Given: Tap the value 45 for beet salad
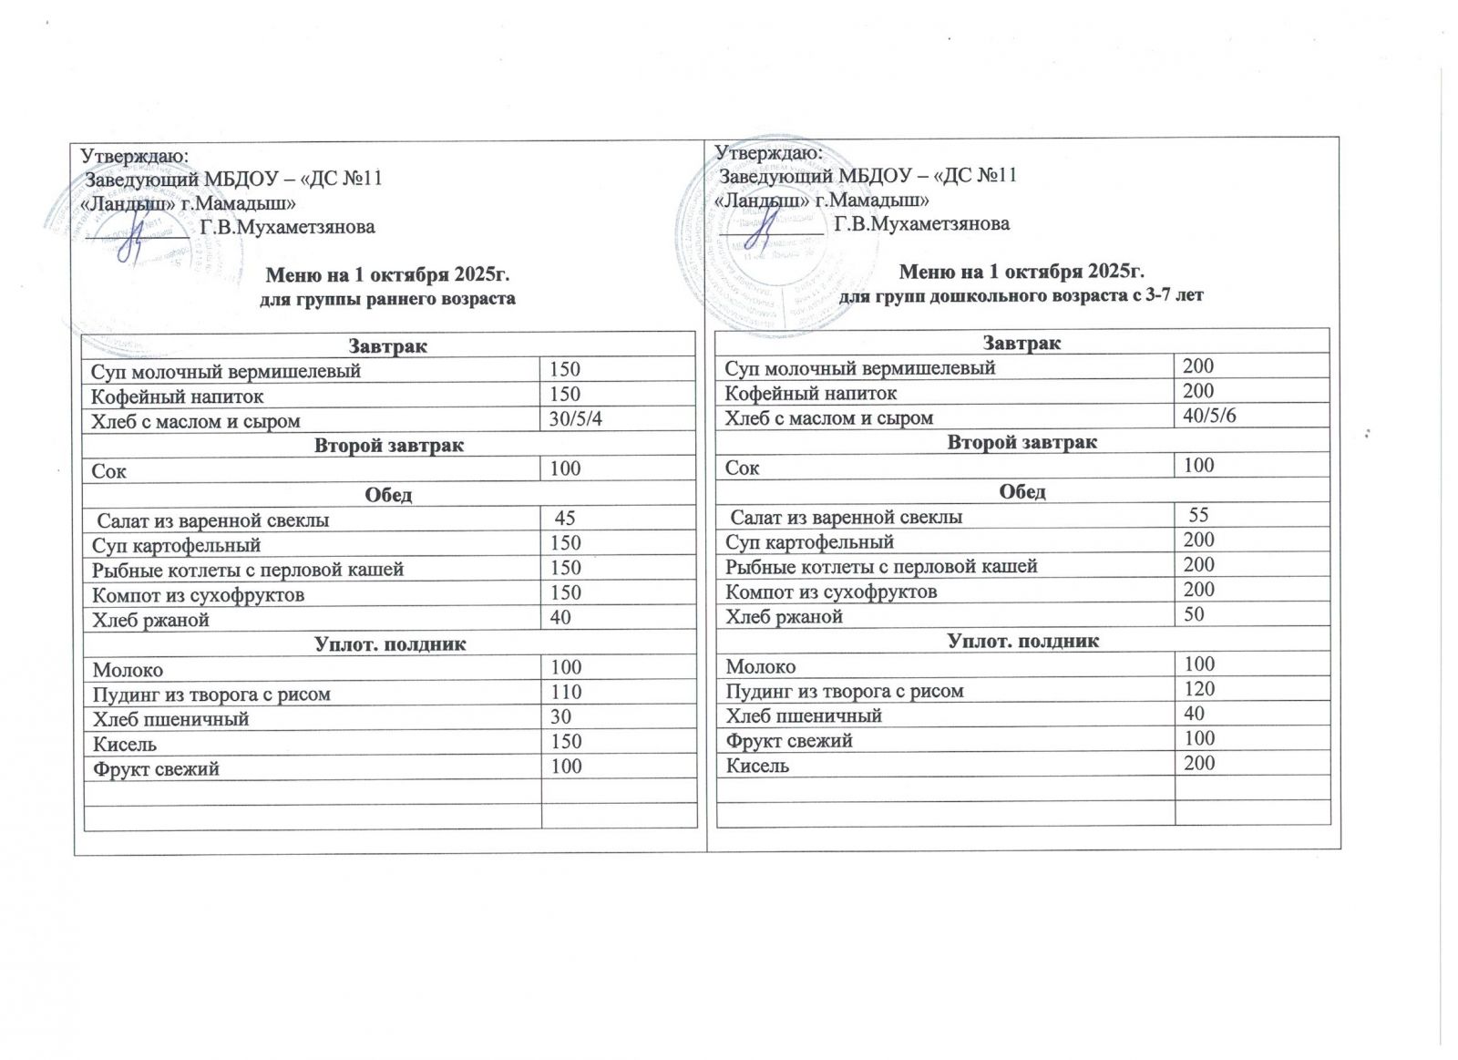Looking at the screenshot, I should (565, 519).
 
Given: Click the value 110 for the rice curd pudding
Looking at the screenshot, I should (566, 692).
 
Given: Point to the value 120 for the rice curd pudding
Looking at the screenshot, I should (1199, 688).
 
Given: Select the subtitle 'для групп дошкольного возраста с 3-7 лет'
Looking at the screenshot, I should (1021, 295).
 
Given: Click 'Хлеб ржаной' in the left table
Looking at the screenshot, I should (151, 620).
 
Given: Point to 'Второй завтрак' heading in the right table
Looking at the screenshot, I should (1022, 442).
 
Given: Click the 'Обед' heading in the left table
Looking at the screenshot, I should (388, 495).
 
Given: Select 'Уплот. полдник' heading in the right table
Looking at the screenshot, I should (1023, 641).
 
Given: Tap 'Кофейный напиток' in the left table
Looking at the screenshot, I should (178, 396).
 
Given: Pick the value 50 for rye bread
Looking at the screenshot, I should (1194, 613).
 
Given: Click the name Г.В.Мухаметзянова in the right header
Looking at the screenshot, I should (922, 223).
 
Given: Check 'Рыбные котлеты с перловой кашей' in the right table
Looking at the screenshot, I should (881, 566).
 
